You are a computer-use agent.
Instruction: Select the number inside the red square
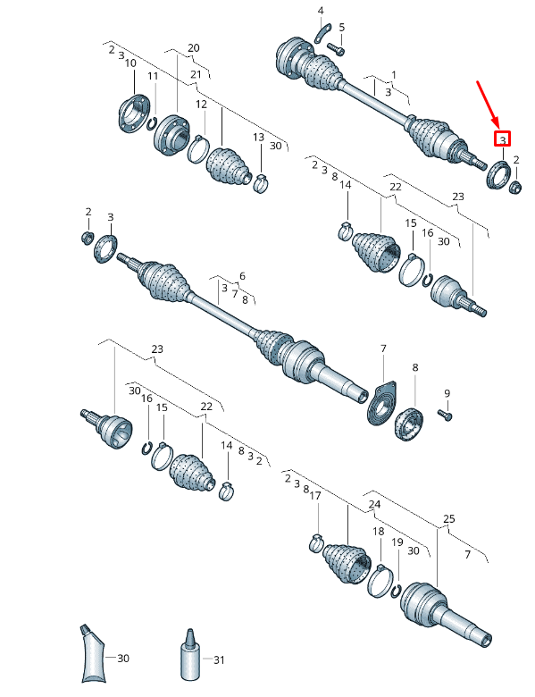[503, 140]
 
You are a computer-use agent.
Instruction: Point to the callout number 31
[219, 659]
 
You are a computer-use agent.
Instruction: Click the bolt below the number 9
[445, 415]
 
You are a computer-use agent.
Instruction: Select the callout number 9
[447, 393]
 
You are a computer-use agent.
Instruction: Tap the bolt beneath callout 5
[335, 48]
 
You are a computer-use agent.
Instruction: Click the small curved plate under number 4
[323, 34]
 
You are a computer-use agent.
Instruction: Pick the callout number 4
[321, 11]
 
